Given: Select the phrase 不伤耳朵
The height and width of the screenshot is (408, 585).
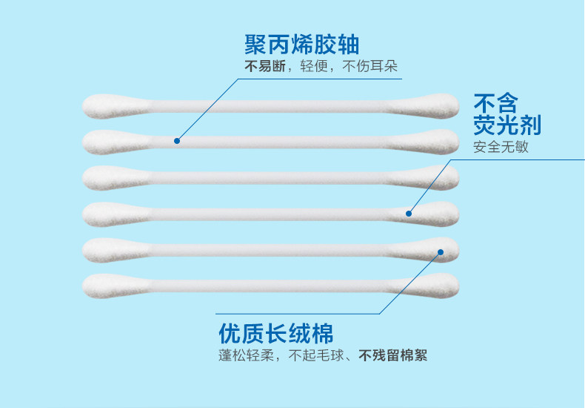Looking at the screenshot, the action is tap(374, 67).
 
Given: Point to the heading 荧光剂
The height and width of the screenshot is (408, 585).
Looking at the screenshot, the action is tap(507, 124).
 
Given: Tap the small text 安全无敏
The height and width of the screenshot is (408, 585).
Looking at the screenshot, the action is tap(501, 146).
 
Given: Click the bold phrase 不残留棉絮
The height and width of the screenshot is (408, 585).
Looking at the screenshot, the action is tap(393, 355).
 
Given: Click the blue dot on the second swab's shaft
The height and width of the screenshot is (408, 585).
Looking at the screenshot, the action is tap(177, 139).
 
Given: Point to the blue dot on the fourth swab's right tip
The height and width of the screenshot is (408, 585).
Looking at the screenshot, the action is tap(408, 214).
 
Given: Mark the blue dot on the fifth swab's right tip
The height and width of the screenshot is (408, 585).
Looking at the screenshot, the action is tap(441, 251).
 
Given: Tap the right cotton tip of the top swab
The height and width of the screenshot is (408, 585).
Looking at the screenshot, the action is tap(438, 105).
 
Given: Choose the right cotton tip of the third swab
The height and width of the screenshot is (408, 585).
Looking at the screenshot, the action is tap(438, 177).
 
